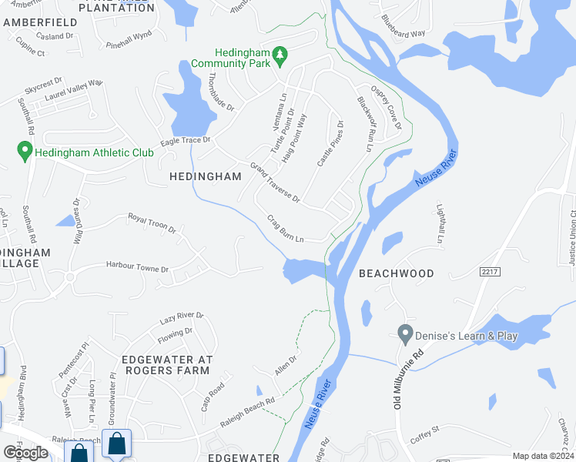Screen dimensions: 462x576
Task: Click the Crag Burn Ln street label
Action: [286, 229]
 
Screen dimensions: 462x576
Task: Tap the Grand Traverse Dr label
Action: [275, 182]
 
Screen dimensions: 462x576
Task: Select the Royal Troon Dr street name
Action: [152, 224]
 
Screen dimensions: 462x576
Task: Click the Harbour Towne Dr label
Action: [138, 268]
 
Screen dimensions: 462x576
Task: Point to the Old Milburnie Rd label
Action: [409, 380]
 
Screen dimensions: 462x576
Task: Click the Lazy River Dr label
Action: [182, 316]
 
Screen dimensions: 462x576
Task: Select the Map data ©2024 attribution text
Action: [544, 456]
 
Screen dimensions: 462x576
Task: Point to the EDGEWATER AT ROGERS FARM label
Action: [166, 364]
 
